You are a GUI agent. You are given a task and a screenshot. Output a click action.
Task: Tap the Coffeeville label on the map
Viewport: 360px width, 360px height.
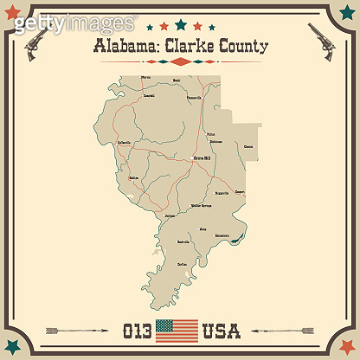(124, 142)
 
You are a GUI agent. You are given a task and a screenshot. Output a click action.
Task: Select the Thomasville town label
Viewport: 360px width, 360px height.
(194, 97)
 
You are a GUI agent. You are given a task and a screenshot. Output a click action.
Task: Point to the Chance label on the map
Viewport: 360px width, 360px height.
(249, 147)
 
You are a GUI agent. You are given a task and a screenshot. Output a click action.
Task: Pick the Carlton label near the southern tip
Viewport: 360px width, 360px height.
(182, 262)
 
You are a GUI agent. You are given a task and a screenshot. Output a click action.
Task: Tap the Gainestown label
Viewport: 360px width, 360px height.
(222, 235)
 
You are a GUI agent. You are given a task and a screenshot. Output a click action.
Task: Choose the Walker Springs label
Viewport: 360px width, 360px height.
(202, 207)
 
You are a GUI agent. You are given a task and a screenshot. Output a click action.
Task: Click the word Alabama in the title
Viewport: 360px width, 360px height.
(119, 46)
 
